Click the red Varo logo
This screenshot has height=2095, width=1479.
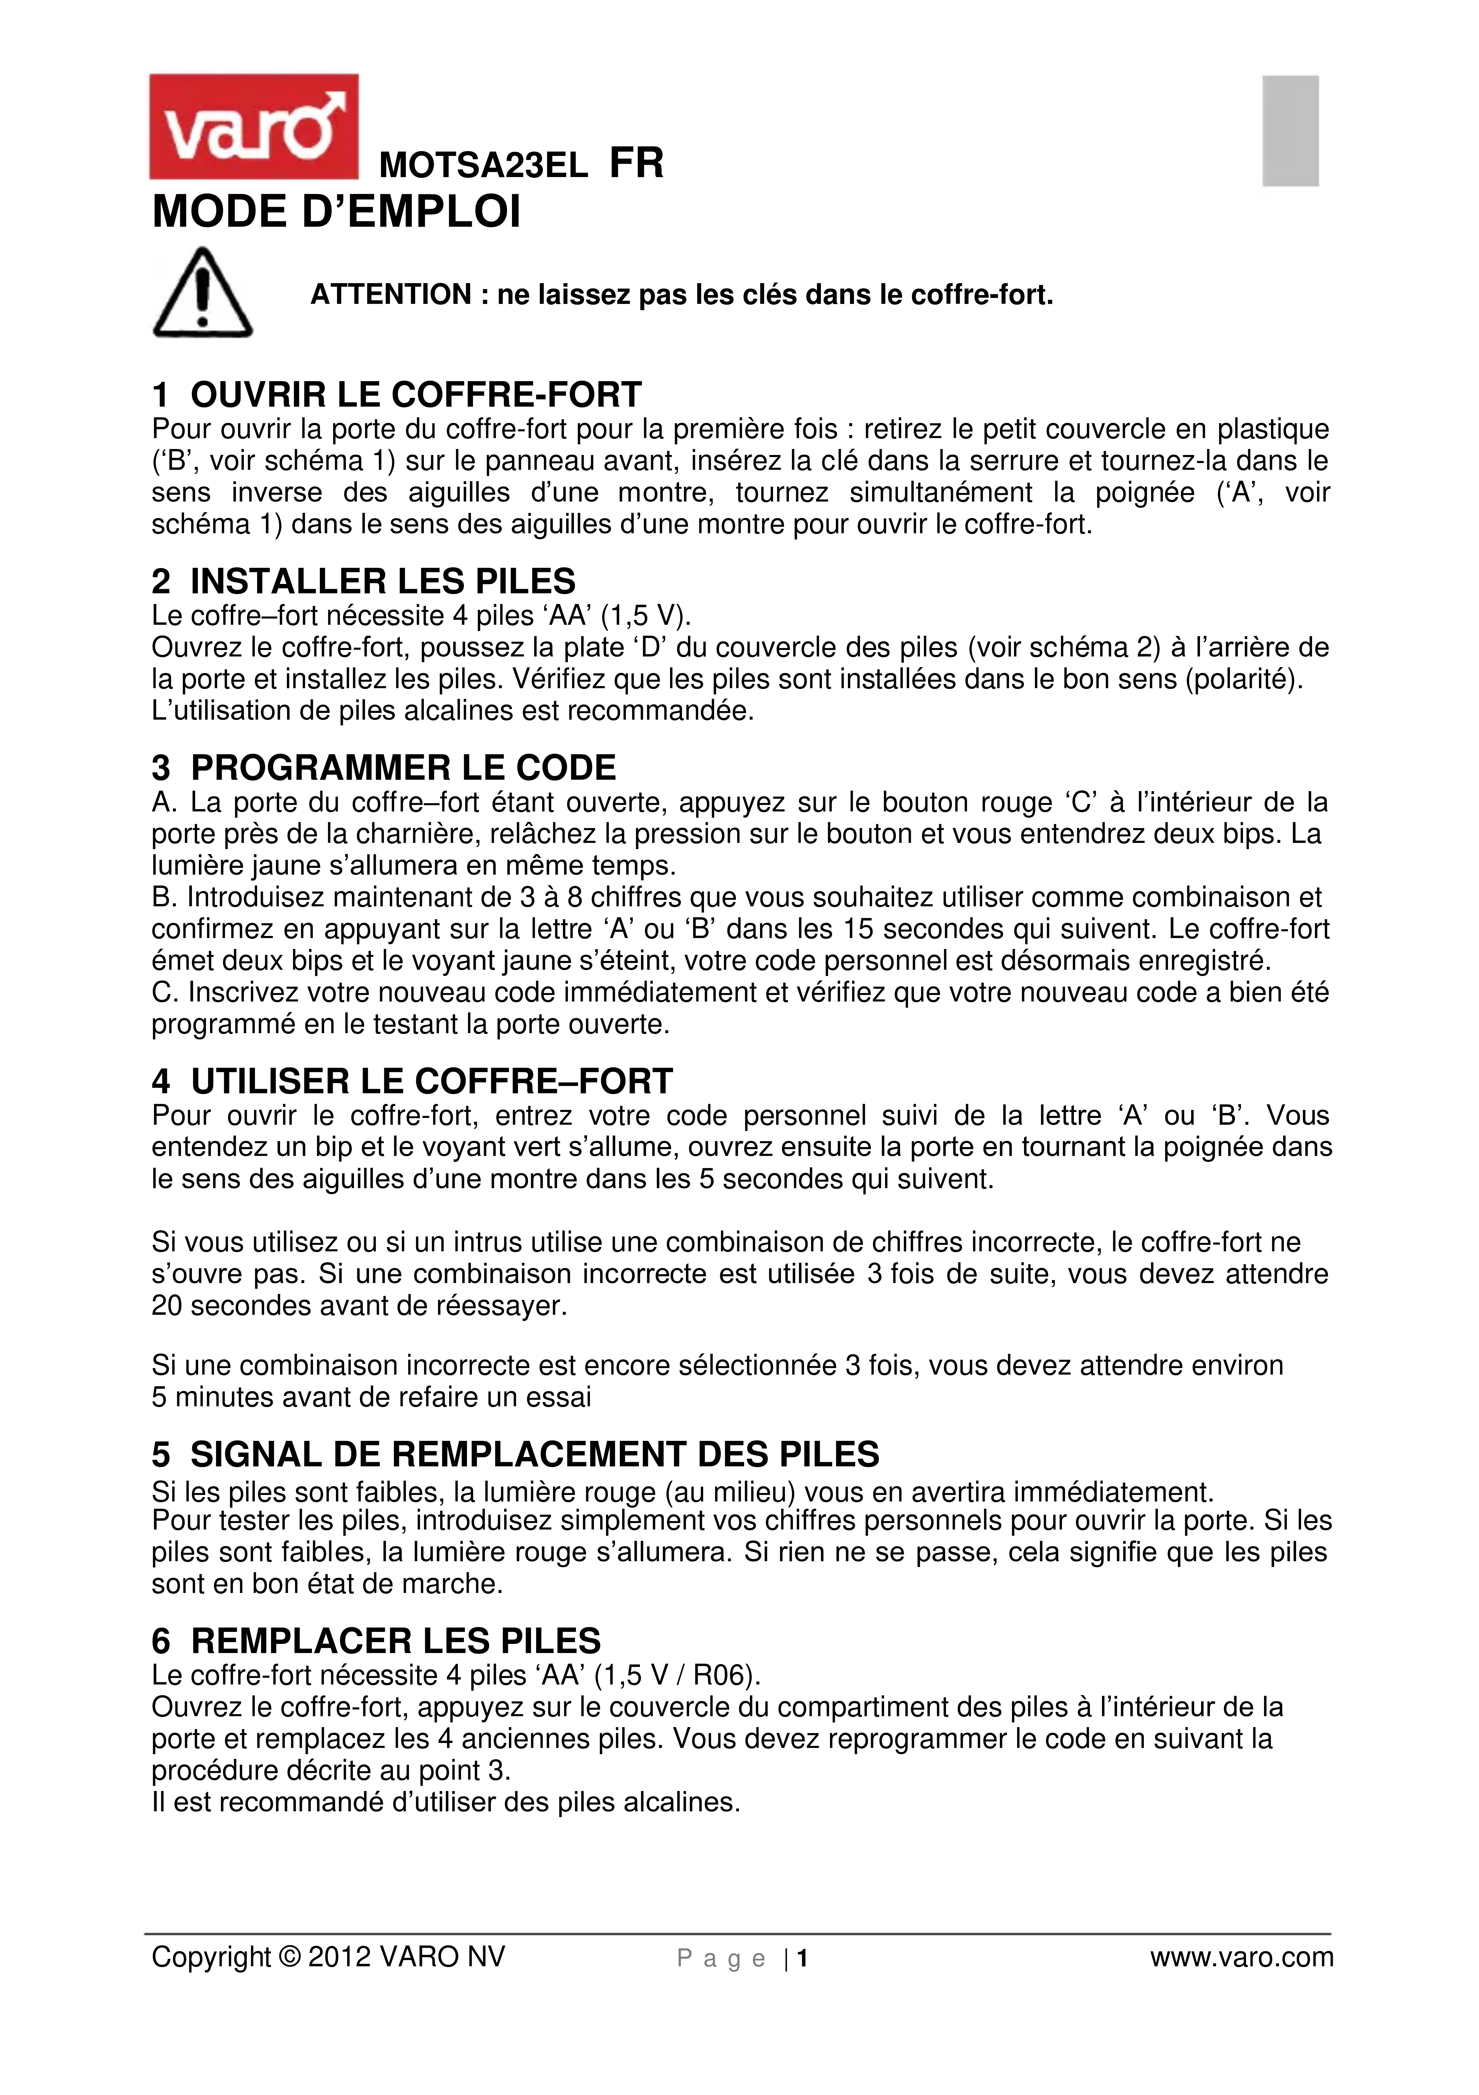[254, 127]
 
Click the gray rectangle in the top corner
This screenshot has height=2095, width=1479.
[1290, 131]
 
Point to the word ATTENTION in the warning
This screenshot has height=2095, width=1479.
[391, 295]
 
